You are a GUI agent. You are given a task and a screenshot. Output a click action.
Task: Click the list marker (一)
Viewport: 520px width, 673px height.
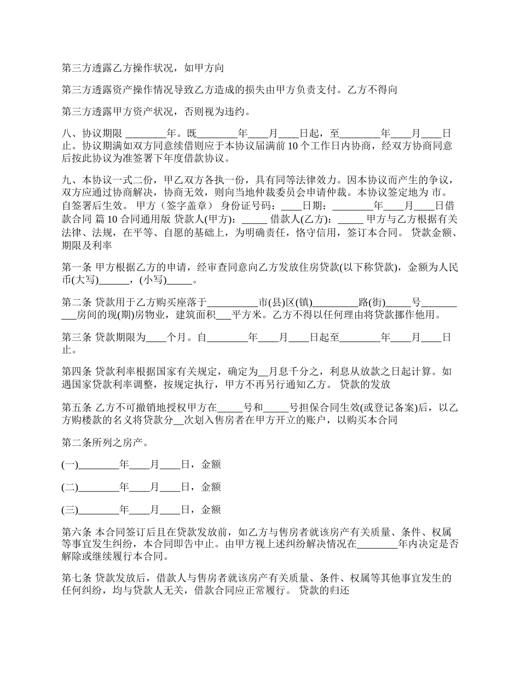(x=70, y=465)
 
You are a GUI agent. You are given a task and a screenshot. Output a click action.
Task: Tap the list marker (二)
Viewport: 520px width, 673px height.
(x=70, y=487)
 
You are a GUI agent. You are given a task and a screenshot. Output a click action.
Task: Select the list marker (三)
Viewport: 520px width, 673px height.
(x=70, y=510)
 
